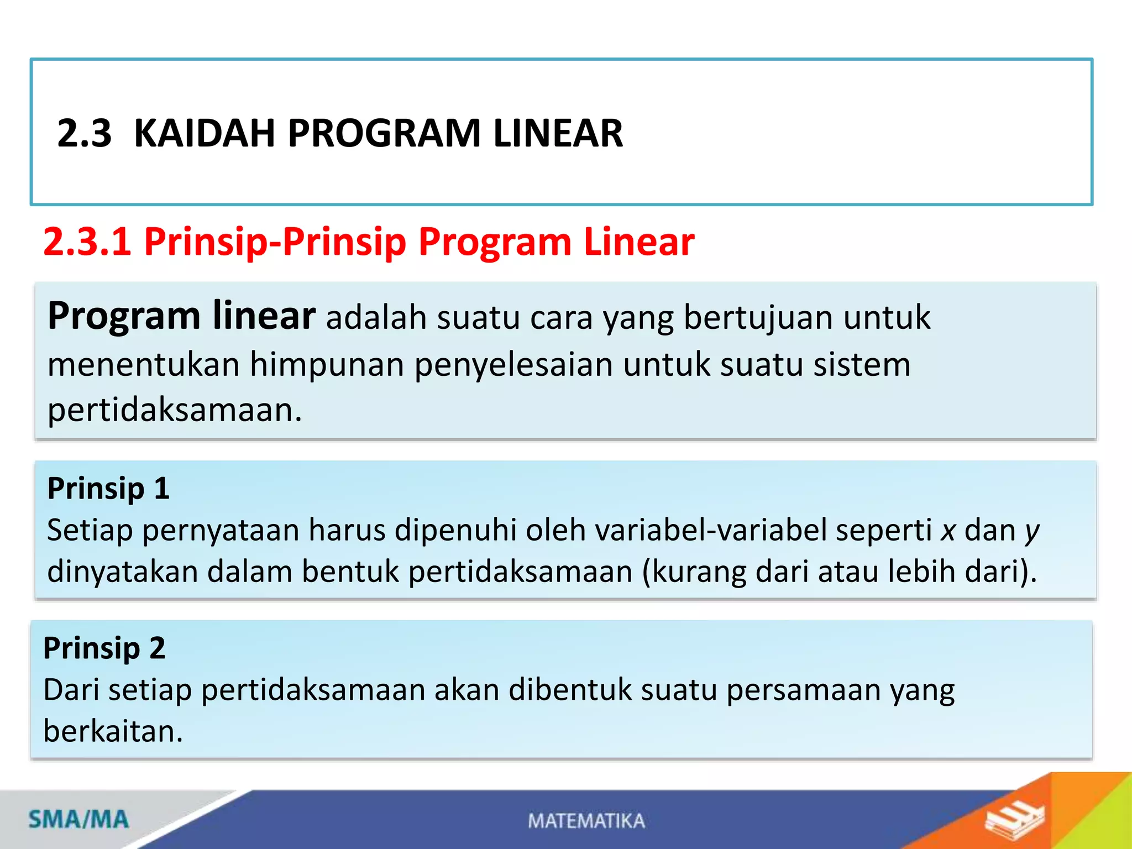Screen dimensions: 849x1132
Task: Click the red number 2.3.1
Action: tap(87, 242)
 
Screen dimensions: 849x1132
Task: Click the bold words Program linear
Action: tap(181, 316)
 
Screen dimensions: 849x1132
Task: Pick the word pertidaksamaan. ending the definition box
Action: tap(175, 410)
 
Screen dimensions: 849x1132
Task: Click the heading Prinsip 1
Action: tap(108, 489)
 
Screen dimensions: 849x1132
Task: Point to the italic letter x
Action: tap(948, 531)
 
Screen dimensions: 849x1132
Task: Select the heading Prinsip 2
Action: tap(104, 648)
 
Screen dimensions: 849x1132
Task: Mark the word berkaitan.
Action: tap(113, 731)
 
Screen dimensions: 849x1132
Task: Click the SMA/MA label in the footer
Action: tap(78, 819)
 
